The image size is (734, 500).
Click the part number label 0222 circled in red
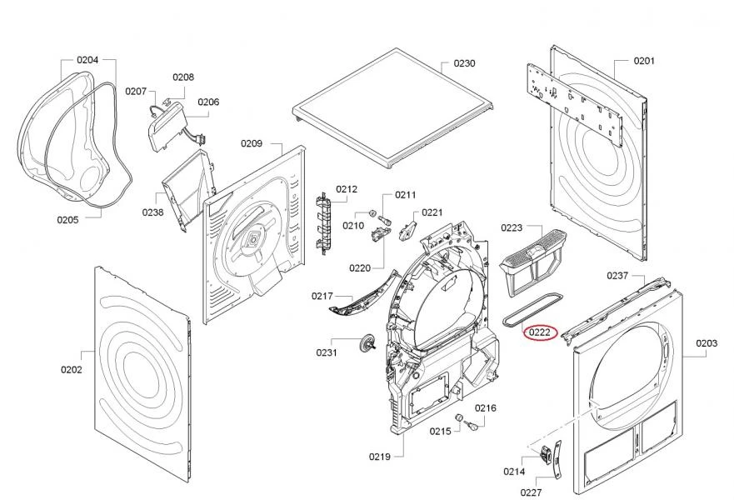point(539,332)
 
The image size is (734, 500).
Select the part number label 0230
point(464,63)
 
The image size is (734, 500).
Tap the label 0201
point(644,60)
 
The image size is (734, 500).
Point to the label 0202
point(71,369)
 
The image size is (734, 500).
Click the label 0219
point(380,457)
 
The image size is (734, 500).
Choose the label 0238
point(153,212)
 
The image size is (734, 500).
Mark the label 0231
point(327,352)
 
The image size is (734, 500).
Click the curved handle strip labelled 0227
point(557,459)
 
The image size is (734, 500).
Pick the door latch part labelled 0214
point(545,454)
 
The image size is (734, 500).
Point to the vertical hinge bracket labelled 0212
point(322,223)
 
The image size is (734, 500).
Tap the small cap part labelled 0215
point(459,417)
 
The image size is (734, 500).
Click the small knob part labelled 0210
point(373,213)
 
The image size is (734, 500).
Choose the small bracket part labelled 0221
point(407,230)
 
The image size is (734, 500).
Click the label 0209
point(252,143)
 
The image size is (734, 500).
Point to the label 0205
point(67,219)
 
